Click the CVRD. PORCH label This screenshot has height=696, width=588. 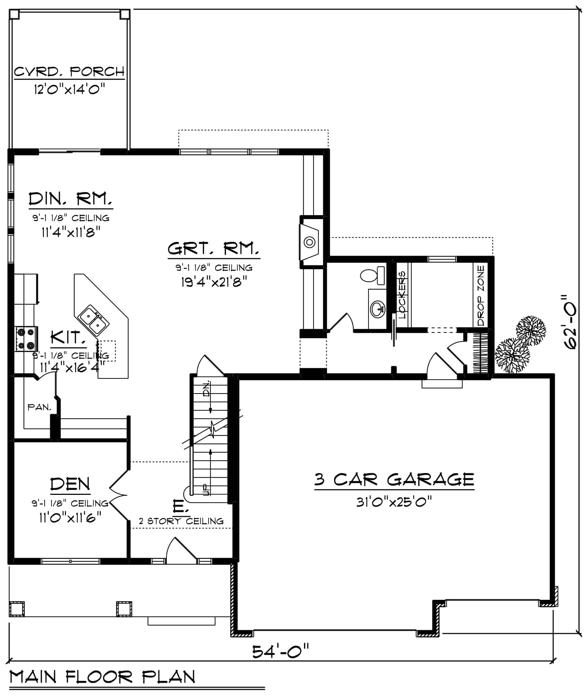[69, 71]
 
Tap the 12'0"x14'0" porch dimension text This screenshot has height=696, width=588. [70, 89]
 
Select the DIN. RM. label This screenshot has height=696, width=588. [70, 199]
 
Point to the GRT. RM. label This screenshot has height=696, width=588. [214, 249]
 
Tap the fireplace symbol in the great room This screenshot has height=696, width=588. [310, 242]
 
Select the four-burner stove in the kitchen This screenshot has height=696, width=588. [26, 339]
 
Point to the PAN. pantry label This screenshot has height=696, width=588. [40, 407]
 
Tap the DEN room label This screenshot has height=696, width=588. [70, 484]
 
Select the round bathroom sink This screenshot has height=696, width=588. [378, 309]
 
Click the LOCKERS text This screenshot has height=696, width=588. [402, 295]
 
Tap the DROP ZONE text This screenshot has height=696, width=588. [481, 296]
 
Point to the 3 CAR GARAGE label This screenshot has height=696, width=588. [394, 479]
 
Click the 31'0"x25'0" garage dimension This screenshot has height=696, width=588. [394, 502]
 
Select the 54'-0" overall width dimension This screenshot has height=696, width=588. [281, 651]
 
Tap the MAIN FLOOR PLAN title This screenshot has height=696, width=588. [102, 677]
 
